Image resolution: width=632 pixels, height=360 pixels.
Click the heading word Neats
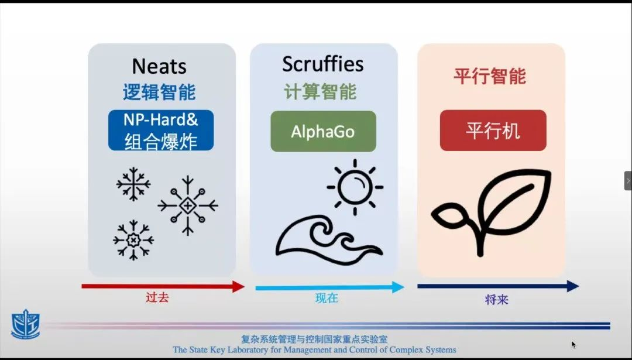[x=159, y=66]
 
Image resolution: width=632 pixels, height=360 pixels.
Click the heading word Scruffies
[x=323, y=64]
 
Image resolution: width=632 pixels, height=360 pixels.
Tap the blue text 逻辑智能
[x=159, y=92]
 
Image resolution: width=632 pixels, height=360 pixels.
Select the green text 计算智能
[x=320, y=92]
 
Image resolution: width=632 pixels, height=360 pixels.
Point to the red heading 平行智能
[x=490, y=76]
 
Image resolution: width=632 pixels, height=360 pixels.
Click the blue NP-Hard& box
[x=161, y=130]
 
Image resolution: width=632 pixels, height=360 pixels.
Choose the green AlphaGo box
[x=323, y=132]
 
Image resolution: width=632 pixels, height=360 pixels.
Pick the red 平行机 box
[x=493, y=131]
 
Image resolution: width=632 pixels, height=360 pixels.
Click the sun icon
[x=355, y=187]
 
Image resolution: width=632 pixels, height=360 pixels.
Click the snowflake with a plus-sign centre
[x=188, y=205]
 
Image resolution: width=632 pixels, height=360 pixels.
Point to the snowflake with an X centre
[x=133, y=240]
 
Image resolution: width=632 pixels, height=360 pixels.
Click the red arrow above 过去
[x=163, y=287]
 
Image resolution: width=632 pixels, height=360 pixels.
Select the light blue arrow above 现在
[x=329, y=287]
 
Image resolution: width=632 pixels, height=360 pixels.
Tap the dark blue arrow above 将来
[x=498, y=286]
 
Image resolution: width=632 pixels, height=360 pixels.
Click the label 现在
[x=327, y=299]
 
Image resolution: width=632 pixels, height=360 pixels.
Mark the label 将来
[x=497, y=300]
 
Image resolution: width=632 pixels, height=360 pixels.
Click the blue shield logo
[x=25, y=324]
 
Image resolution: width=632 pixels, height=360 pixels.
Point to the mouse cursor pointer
[x=573, y=344]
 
